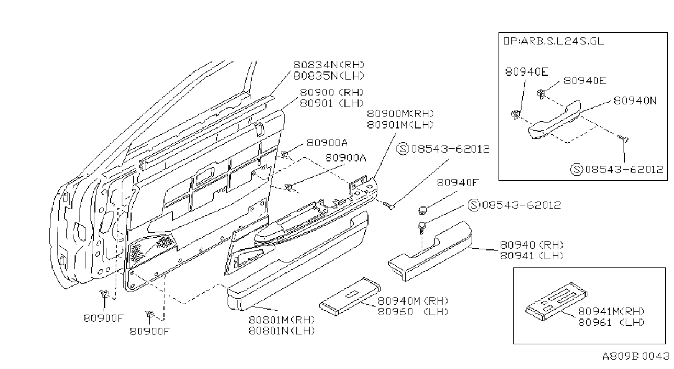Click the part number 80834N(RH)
click(328, 65)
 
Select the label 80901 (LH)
click(332, 103)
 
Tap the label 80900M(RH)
click(400, 114)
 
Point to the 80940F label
click(458, 182)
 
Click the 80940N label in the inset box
click(635, 100)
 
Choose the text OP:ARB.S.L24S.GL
click(553, 41)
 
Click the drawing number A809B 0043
click(636, 356)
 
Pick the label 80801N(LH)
click(282, 331)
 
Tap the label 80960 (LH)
click(413, 311)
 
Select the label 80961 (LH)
click(611, 322)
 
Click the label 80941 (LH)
click(531, 255)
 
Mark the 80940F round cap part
click(423, 210)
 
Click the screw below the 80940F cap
click(422, 227)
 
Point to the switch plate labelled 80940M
click(350, 297)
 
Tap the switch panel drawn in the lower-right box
click(556, 301)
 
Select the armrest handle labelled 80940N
click(554, 120)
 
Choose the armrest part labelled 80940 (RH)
click(431, 251)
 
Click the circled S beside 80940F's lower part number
click(474, 205)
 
